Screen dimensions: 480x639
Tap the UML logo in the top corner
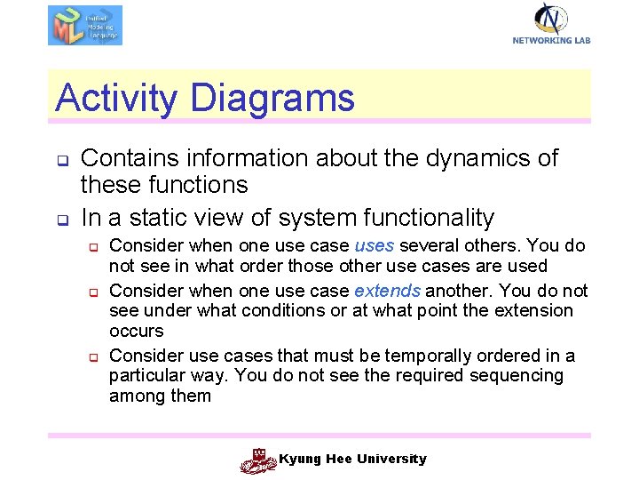tap(85, 25)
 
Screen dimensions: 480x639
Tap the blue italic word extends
tap(387, 291)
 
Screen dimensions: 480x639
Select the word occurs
tap(136, 332)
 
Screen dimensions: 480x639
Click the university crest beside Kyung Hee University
tap(258, 460)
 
